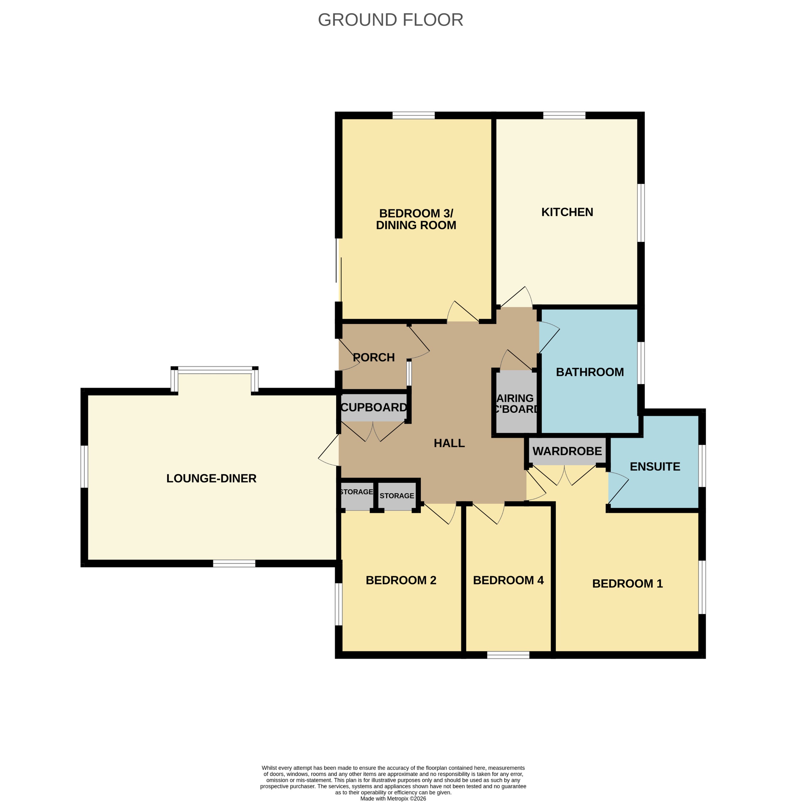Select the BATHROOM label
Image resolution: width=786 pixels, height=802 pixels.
[590, 372]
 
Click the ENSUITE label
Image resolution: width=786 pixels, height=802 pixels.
[655, 467]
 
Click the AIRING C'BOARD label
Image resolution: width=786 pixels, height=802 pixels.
[516, 404]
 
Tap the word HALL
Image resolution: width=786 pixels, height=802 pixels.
[449, 443]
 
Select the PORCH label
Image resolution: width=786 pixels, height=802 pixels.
[374, 357]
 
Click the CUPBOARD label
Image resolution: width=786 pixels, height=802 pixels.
[374, 407]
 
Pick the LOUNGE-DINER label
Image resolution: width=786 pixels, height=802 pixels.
[211, 478]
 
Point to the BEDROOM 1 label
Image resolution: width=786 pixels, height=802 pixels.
[627, 584]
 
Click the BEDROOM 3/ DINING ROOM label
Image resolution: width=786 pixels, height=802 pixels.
[416, 219]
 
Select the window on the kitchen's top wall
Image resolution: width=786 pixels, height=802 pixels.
[564, 115]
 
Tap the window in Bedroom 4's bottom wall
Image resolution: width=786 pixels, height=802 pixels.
[508, 655]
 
